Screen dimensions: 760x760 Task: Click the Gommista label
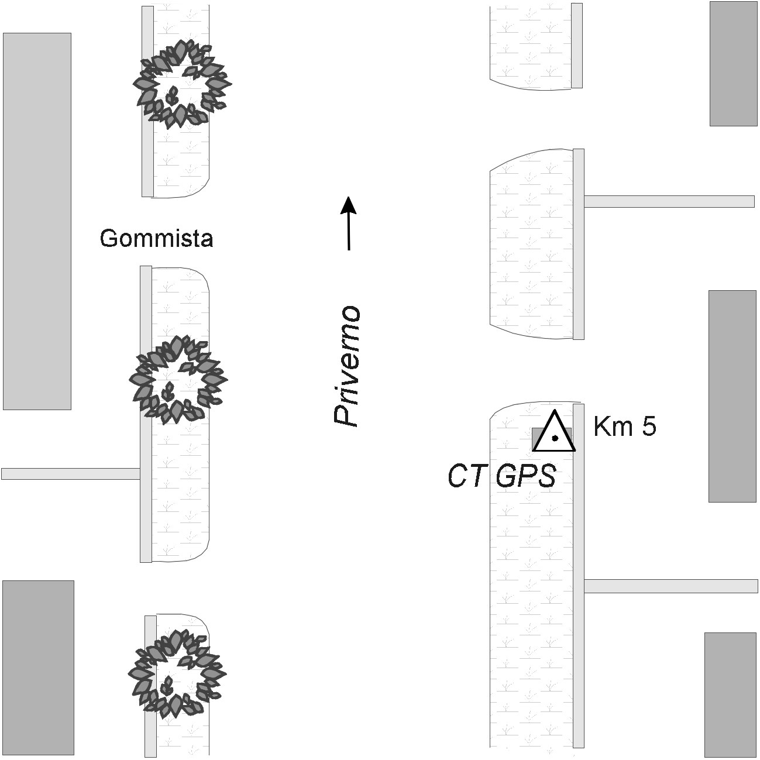[x=156, y=238]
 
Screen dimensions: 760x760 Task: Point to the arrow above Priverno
[x=349, y=222]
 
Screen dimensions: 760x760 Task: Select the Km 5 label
[x=624, y=427]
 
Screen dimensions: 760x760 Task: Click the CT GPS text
[x=501, y=477]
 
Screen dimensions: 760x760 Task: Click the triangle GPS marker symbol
[x=554, y=433]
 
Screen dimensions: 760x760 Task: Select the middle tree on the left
[x=177, y=379]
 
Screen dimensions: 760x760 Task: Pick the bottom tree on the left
[x=176, y=673]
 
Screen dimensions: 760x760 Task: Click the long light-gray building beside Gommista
[x=37, y=221]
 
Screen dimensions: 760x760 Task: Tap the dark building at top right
[x=733, y=63]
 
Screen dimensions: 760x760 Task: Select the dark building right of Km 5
[x=733, y=396]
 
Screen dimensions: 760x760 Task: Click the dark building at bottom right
[x=730, y=694]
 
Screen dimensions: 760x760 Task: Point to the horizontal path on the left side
[x=70, y=474]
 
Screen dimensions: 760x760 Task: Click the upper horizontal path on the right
[x=669, y=201]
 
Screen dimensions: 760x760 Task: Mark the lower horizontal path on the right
[x=670, y=586]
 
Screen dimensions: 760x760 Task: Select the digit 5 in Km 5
[x=648, y=427]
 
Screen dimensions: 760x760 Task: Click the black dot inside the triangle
[x=555, y=438]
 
